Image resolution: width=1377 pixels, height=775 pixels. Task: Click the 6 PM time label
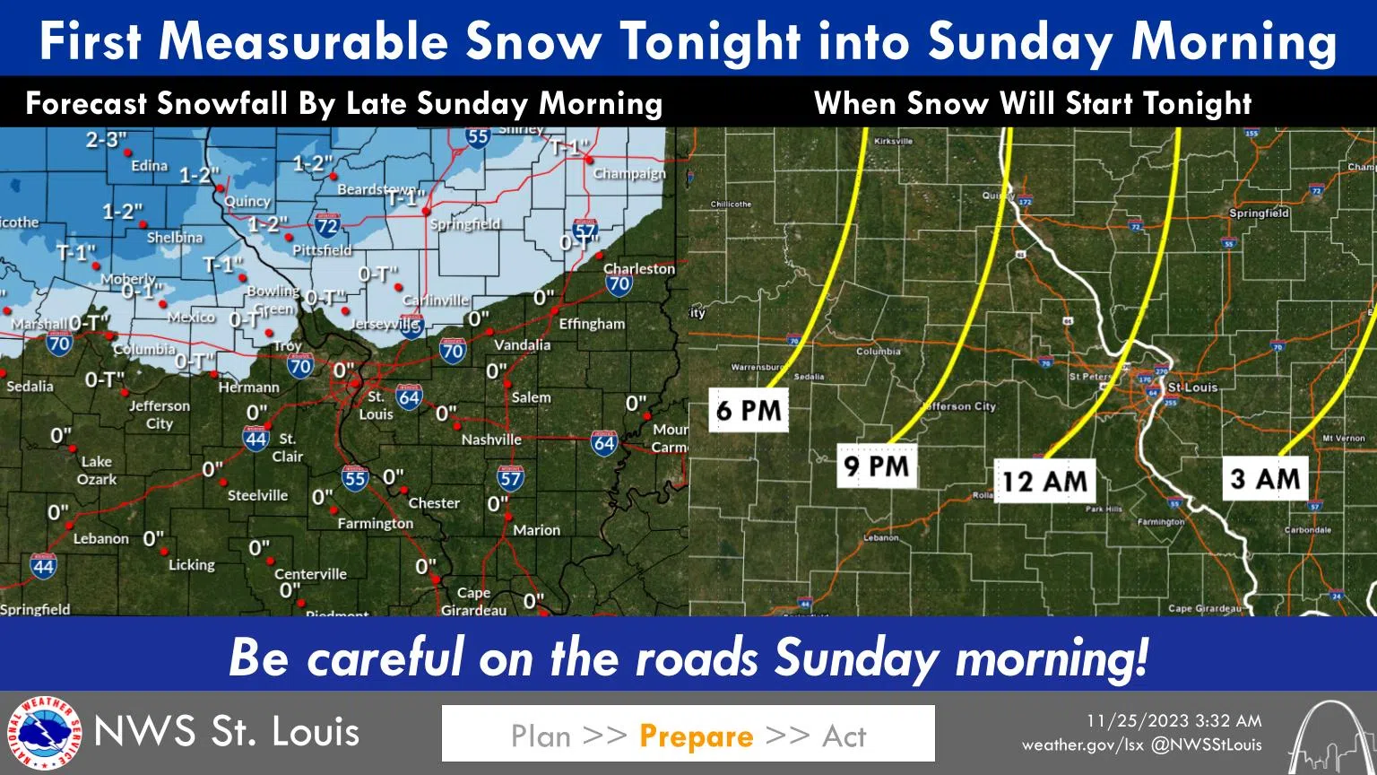749,410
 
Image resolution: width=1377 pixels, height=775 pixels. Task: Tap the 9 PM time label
877,466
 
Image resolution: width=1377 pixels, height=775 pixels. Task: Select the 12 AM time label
1045,481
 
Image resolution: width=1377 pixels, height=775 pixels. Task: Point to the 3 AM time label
1265,478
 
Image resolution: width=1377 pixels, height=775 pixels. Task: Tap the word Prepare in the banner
697,736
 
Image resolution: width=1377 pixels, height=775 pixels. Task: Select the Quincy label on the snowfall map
247,201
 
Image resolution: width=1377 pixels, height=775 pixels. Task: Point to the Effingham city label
592,324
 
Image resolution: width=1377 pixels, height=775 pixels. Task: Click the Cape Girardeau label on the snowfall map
473,601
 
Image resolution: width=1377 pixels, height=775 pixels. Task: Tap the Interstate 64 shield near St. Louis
409,396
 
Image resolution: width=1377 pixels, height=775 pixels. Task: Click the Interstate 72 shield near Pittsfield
327,225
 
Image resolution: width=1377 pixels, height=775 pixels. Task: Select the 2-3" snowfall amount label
107,140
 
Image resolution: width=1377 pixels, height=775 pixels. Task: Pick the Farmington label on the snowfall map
375,523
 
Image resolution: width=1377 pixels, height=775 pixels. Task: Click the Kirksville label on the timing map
893,141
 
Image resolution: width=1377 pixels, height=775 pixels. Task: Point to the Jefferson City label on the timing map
959,406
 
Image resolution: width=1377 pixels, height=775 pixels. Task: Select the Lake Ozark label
97,470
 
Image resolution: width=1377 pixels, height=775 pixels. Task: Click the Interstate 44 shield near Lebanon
43,565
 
